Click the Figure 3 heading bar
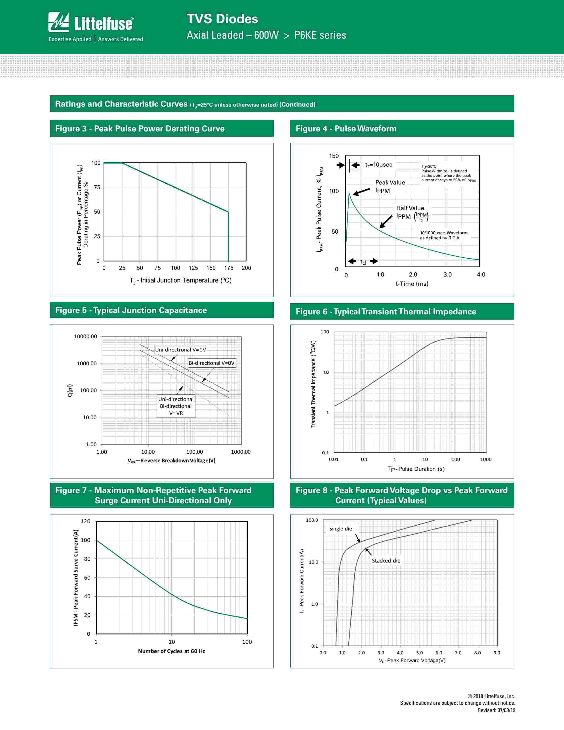coord(161,129)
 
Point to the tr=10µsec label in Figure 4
coord(379,165)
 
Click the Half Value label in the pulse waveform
coord(410,208)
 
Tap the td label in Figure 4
coord(363,262)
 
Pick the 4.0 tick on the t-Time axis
coord(481,275)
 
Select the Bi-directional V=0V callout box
coord(212,363)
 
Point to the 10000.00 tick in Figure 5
coord(86,337)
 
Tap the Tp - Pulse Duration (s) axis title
coord(416,469)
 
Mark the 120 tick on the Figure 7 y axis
coord(86,521)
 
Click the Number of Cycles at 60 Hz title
coord(171,651)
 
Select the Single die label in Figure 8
coord(340,529)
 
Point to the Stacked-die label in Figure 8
coord(386,561)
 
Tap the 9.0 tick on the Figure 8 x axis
coord(497,653)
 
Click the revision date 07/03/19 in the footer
coord(506,710)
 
